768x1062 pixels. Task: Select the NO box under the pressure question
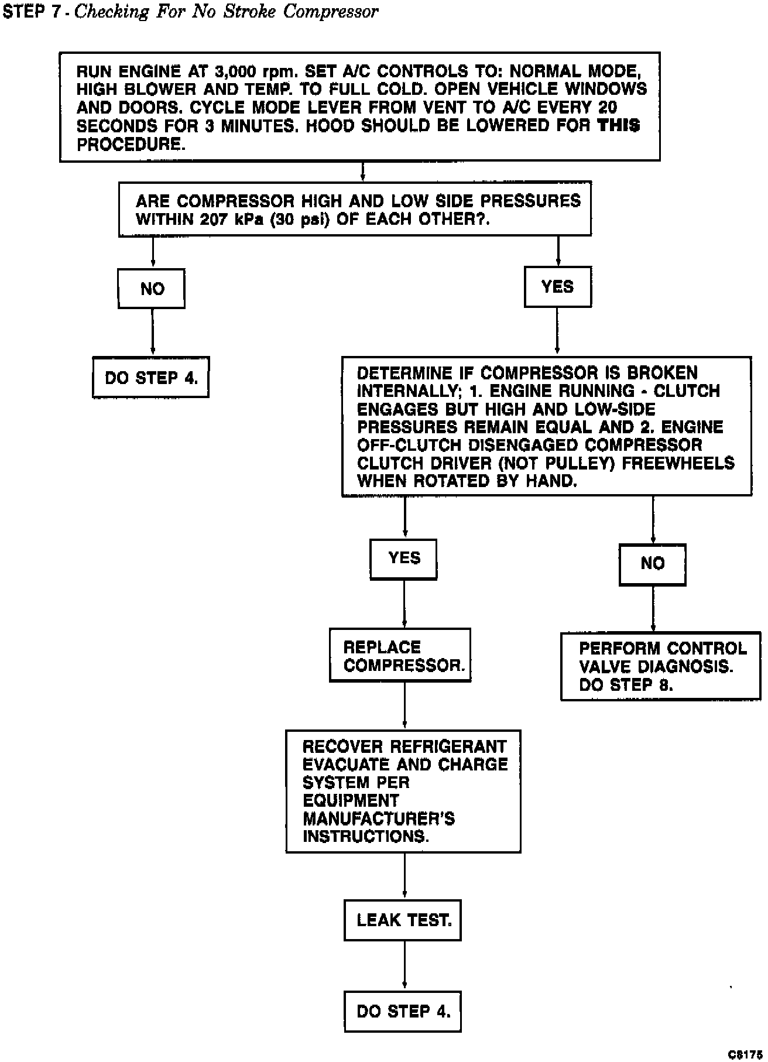pyautogui.click(x=152, y=289)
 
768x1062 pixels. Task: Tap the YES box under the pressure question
pyautogui.click(x=557, y=286)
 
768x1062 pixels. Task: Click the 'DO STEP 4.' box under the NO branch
pyautogui.click(x=151, y=378)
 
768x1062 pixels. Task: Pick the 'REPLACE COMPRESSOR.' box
pyautogui.click(x=400, y=656)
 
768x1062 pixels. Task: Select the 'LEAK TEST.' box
pyautogui.click(x=403, y=920)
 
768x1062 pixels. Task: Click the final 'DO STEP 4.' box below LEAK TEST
pyautogui.click(x=403, y=1011)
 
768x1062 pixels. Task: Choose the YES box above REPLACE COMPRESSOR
pyautogui.click(x=404, y=559)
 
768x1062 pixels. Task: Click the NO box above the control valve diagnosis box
pyautogui.click(x=652, y=564)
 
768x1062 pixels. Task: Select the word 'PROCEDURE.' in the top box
pyautogui.click(x=131, y=145)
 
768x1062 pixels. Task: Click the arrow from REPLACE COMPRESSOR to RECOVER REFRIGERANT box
pyautogui.click(x=404, y=706)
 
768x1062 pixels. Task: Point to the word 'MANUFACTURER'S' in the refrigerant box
pyautogui.click(x=378, y=818)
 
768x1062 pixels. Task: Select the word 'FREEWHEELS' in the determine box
pyautogui.click(x=678, y=463)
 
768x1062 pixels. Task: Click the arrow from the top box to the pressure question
pyautogui.click(x=363, y=171)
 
